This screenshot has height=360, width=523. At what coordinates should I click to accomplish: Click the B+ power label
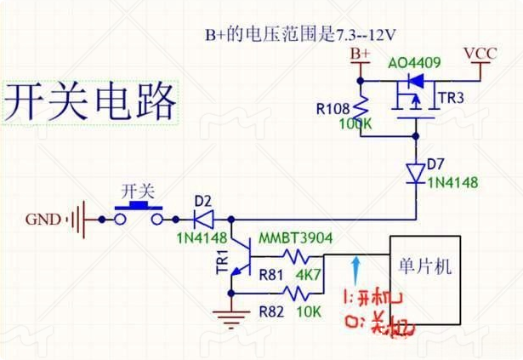pyautogui.click(x=361, y=54)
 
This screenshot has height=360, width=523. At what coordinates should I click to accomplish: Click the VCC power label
pyautogui.click(x=480, y=53)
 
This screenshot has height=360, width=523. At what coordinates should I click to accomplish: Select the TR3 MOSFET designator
pyautogui.click(x=451, y=99)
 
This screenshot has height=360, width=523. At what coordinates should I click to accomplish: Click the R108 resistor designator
pyautogui.click(x=332, y=109)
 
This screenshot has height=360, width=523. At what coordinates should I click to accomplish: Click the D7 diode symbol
pyautogui.click(x=415, y=173)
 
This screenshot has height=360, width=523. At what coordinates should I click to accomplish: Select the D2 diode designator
pyautogui.click(x=202, y=201)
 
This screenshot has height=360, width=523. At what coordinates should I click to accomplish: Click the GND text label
pyautogui.click(x=43, y=220)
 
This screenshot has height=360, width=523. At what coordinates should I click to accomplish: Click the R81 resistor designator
pyautogui.click(x=271, y=275)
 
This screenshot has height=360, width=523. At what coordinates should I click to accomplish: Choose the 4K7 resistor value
pyautogui.click(x=309, y=275)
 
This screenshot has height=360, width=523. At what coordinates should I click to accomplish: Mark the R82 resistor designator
pyautogui.click(x=271, y=311)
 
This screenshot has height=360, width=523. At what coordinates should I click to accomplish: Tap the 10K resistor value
pyautogui.click(x=309, y=311)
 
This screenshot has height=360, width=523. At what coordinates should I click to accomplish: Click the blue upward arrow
pyautogui.click(x=355, y=268)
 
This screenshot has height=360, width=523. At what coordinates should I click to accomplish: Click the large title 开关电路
pyautogui.click(x=90, y=102)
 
